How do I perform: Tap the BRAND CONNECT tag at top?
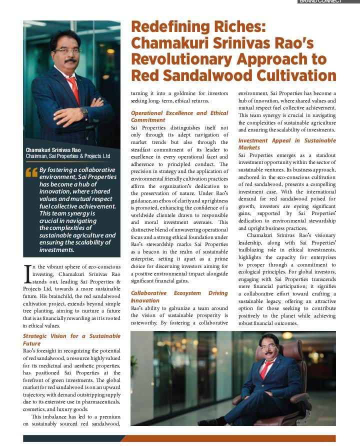(x=320, y=1)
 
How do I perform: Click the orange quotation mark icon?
(x=31, y=172)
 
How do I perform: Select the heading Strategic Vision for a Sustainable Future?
(x=71, y=339)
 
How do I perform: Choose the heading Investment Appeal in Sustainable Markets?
(x=287, y=144)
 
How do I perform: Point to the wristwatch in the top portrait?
(x=84, y=111)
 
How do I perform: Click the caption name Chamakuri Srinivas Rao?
(x=53, y=150)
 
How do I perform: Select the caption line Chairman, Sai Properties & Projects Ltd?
(x=68, y=156)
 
